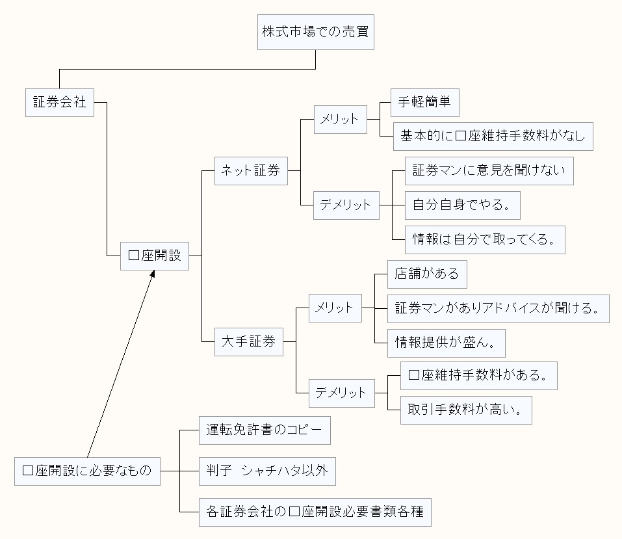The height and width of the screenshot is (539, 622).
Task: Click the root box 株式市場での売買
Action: tap(316, 31)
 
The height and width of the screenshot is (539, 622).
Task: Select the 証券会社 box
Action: tap(60, 102)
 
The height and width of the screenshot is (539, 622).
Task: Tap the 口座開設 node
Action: tap(155, 256)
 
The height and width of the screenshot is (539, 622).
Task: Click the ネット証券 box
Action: tap(251, 170)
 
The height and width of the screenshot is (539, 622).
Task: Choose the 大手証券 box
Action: tap(249, 341)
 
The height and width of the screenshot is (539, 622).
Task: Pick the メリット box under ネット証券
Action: tap(340, 119)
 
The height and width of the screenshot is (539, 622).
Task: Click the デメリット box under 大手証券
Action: tap(341, 393)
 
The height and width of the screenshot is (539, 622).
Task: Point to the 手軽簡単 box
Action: tap(424, 102)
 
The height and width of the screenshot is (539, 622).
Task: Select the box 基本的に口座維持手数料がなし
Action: tap(493, 136)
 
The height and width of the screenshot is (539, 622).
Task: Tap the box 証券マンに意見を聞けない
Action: tap(489, 170)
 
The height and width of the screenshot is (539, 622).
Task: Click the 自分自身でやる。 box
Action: tap(462, 205)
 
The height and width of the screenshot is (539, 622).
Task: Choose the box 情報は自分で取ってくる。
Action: tap(484, 239)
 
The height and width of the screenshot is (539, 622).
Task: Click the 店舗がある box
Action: tap(426, 274)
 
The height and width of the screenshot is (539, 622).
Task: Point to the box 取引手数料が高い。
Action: tap(465, 410)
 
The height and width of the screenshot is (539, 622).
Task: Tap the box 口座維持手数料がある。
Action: tap(478, 375)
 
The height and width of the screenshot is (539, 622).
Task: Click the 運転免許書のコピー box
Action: tap(260, 430)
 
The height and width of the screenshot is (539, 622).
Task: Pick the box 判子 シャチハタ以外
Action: tap(267, 471)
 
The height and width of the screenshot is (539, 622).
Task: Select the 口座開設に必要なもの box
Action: tap(87, 471)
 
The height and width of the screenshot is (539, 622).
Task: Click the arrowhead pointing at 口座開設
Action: tap(153, 275)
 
